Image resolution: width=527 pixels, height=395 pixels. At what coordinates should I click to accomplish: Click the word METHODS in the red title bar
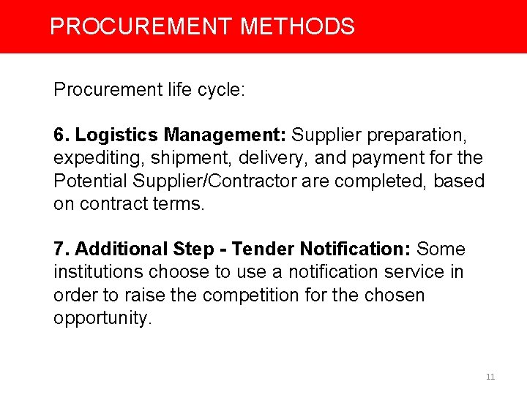point(297,27)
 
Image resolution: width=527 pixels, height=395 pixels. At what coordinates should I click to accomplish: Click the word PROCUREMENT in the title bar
point(141,27)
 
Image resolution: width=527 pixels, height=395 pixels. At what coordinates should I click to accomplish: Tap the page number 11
point(490,377)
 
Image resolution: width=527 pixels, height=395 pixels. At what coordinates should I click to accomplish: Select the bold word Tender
point(262,249)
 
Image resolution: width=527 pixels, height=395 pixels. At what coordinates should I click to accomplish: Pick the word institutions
point(98,272)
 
